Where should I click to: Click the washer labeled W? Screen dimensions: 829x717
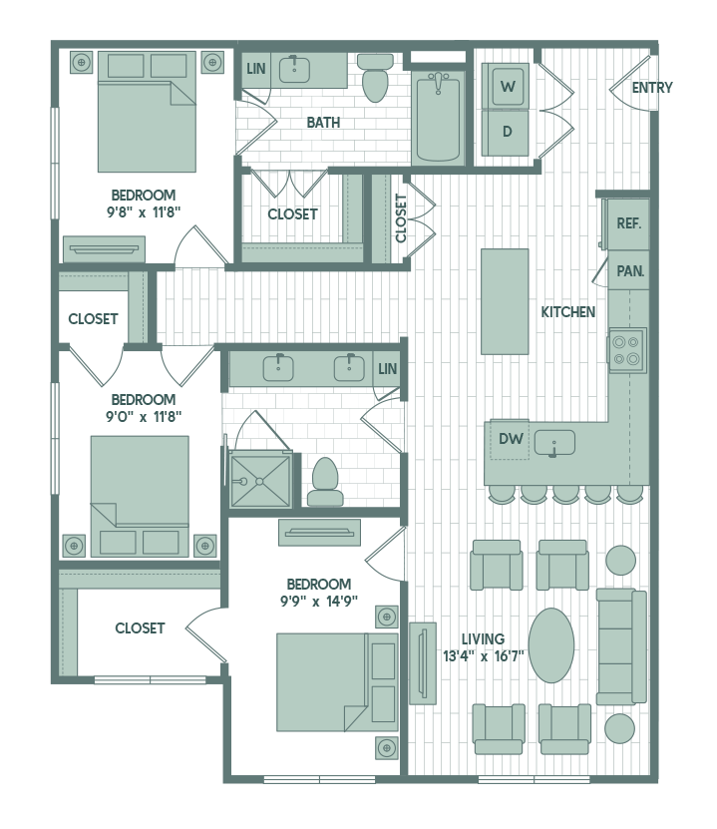[508, 87]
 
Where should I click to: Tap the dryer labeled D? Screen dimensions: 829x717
[508, 132]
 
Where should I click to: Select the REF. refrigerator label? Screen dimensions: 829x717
[628, 223]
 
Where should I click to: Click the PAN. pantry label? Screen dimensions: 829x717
[629, 270]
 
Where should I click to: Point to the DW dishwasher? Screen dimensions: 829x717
[511, 439]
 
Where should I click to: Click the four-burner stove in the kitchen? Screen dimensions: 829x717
[627, 349]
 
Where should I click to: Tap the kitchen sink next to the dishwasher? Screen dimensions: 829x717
[553, 441]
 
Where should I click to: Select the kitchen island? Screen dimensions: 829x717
[505, 300]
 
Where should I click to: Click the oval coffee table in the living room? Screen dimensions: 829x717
[551, 644]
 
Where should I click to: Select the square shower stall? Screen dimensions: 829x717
[260, 481]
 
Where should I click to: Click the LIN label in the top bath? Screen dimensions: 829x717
[256, 68]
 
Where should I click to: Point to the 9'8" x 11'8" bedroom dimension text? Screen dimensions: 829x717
[144, 211]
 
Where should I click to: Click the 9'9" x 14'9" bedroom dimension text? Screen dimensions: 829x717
[319, 601]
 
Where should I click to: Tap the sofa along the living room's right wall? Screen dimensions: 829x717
[620, 645]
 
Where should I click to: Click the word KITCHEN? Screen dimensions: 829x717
[568, 312]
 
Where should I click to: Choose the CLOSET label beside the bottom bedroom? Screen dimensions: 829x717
[140, 628]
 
